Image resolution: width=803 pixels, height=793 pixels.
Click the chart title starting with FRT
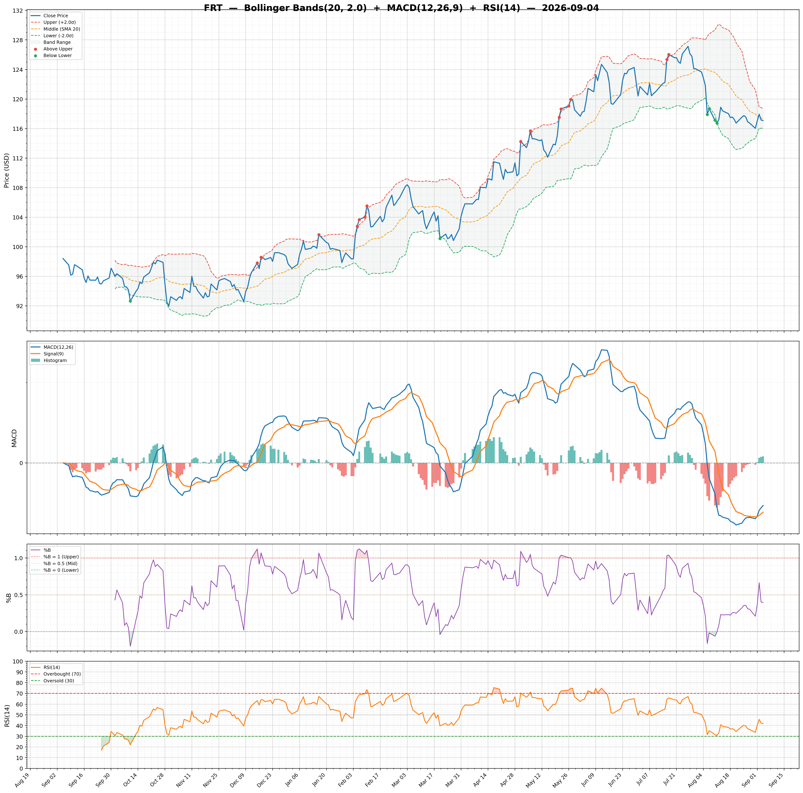click(401, 8)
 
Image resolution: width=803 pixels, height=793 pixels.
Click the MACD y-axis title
click(14, 438)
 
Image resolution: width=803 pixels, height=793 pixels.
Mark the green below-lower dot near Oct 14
click(130, 301)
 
